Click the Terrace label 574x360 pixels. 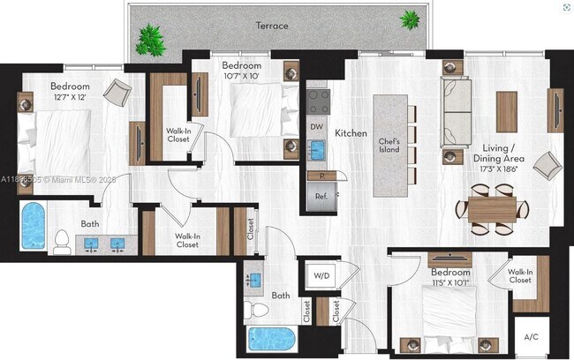pos(271,26)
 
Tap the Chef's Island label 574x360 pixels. pos(389,146)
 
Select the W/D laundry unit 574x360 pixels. pos(321,275)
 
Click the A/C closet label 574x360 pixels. pos(532,337)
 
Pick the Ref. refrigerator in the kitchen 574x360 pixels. pos(316,196)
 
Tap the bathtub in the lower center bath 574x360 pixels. pos(273,338)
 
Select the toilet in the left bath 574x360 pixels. pos(61,241)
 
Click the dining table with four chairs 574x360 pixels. pos(491,208)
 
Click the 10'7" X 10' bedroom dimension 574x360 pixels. pos(241,77)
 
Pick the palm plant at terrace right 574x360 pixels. pos(410,19)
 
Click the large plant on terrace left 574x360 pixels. pos(151,39)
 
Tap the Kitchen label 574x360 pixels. pos(351,133)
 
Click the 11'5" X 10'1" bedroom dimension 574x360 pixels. pos(450,283)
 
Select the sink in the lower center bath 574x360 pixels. pos(254,280)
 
